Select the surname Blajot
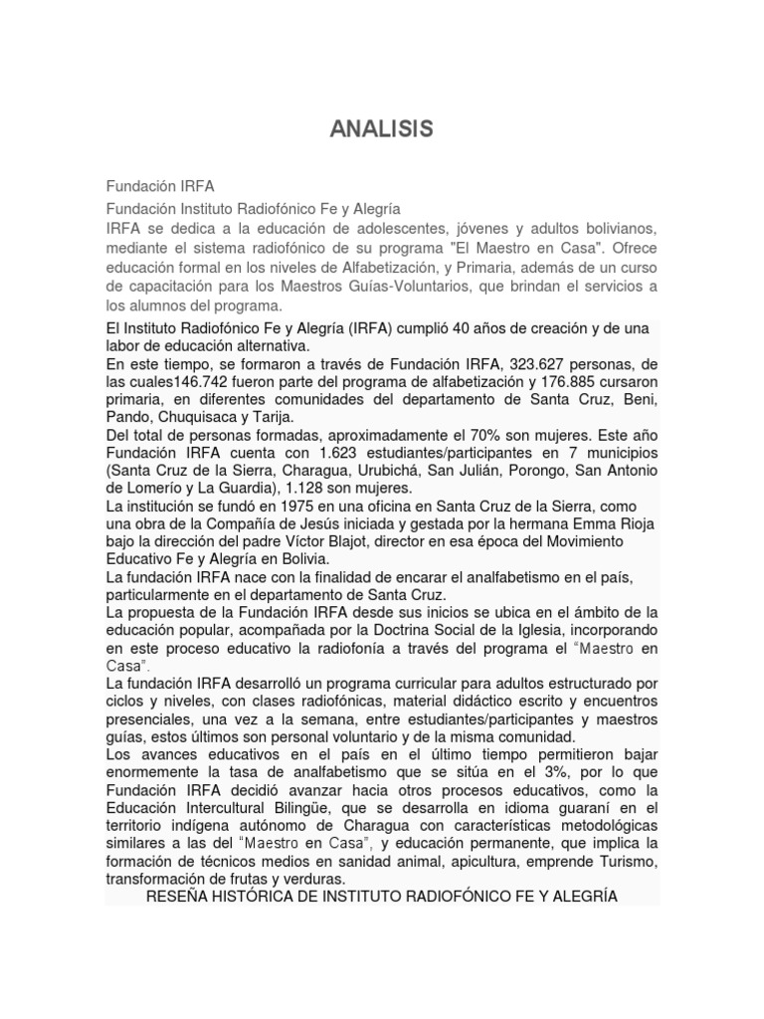tap(373, 542)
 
